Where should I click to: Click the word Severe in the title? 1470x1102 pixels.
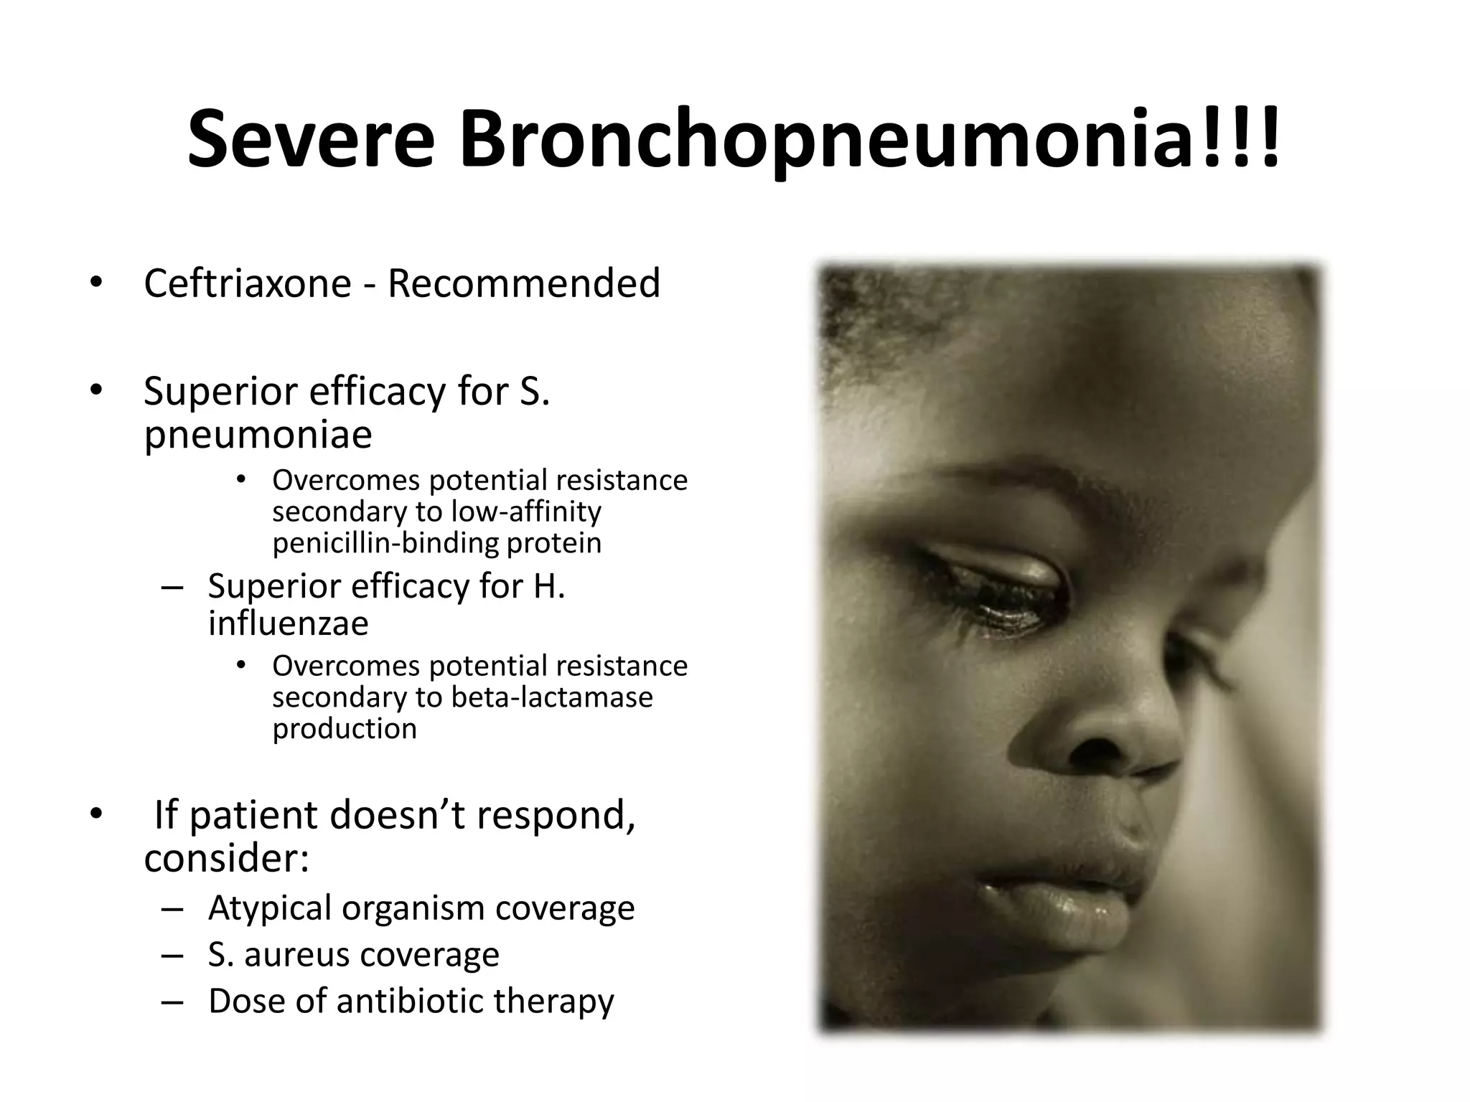[x=312, y=139]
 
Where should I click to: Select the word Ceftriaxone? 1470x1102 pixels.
[x=247, y=283]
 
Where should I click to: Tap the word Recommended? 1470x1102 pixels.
[x=523, y=283]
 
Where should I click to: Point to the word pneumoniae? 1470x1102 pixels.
[x=258, y=435]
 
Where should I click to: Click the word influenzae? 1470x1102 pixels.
[x=288, y=623]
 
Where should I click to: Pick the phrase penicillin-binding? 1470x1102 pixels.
[x=385, y=543]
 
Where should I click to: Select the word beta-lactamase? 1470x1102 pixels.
[x=552, y=697]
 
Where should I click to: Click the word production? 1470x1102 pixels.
[x=345, y=729]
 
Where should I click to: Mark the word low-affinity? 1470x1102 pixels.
[x=526, y=512]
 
